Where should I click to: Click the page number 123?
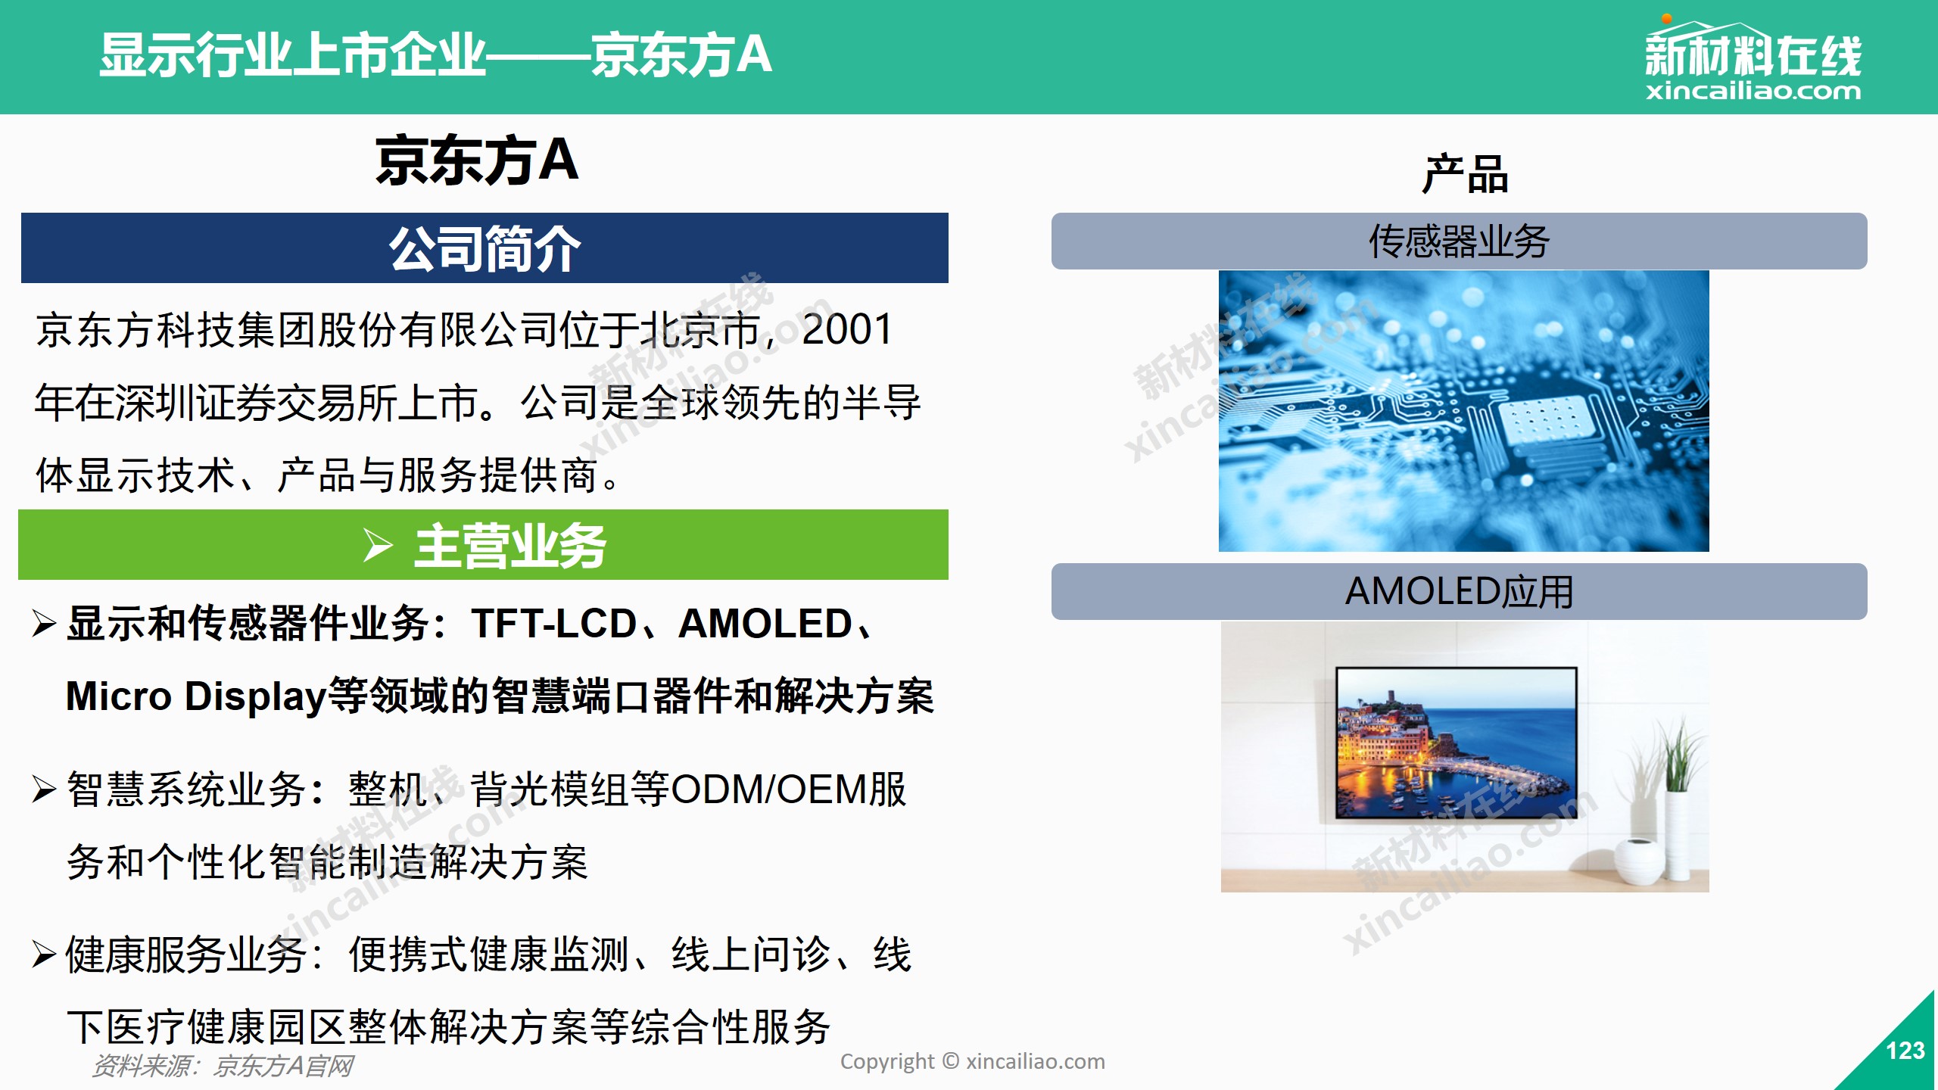tap(1905, 1051)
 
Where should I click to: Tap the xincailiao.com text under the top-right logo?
tap(1753, 92)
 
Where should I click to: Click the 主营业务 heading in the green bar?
tap(510, 546)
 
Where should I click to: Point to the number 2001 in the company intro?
tap(847, 329)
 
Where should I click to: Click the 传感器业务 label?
tap(1459, 241)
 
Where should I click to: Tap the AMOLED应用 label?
tap(1459, 592)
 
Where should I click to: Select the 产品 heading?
tap(1465, 175)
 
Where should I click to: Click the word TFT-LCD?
tap(554, 624)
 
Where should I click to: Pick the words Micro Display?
tap(196, 696)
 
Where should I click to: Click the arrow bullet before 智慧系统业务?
tap(45, 789)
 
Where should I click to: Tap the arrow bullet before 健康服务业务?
tap(45, 955)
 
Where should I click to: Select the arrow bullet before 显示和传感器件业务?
tap(45, 624)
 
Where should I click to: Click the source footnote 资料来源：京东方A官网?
tap(223, 1066)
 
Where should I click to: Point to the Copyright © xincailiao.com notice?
tap(973, 1062)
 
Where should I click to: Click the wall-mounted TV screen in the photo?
tap(1457, 743)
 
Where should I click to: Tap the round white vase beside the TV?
tap(1640, 861)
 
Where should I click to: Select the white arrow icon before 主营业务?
tap(378, 546)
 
